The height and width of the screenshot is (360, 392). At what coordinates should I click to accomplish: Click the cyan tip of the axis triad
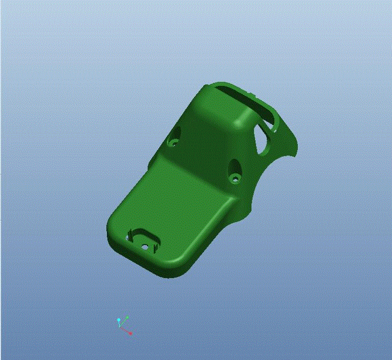pyautogui.click(x=119, y=320)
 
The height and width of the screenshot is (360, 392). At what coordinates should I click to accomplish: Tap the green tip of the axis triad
pyautogui.click(x=127, y=317)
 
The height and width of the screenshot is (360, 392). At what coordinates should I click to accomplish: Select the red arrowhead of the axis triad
pyautogui.click(x=130, y=333)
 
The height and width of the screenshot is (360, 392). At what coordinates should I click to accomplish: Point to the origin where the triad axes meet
pyautogui.click(x=120, y=327)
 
